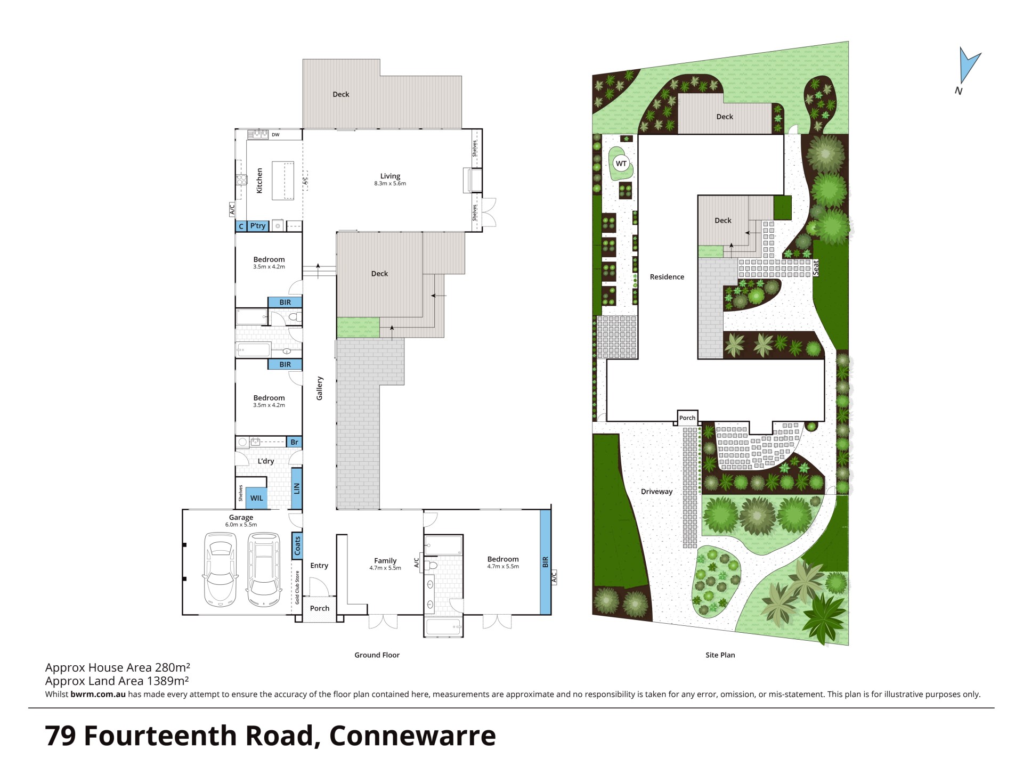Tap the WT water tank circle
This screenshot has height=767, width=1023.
621,164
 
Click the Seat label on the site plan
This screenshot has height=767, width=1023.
816,267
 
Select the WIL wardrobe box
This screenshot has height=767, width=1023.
257,498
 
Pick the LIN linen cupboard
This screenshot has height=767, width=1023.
297,488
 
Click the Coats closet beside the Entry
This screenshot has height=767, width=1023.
297,545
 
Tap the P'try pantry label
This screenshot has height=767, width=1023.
258,226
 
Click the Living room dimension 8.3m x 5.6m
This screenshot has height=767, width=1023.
390,184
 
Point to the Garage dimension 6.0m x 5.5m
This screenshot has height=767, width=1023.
241,525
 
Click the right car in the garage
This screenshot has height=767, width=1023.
264,570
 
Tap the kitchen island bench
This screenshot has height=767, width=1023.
283,180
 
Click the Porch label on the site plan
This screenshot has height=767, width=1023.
687,418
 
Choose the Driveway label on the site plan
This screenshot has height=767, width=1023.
656,492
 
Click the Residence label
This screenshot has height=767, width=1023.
667,277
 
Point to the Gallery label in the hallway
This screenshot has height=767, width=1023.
320,388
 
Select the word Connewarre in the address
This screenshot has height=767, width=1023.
412,736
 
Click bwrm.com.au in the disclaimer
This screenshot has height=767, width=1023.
98,694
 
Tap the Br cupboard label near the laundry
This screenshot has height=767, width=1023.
294,442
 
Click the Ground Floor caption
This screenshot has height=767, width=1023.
377,655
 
